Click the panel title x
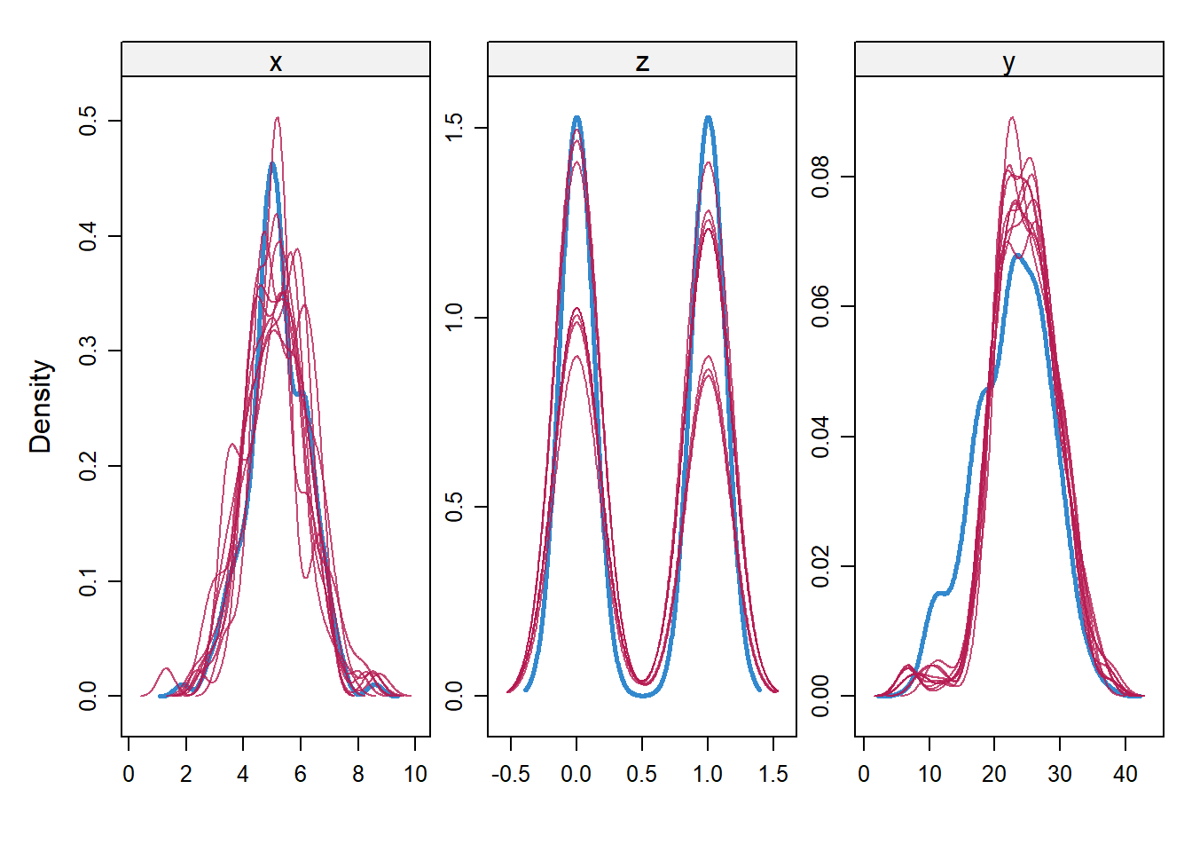276,62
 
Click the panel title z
642,62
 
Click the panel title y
1008,62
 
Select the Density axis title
41,406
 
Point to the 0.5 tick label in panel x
88,121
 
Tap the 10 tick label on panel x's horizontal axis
415,774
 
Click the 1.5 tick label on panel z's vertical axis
454,128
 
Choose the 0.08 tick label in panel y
820,177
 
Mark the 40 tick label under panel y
1125,774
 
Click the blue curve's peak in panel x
272,164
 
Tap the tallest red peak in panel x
278,118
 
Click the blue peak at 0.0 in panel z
577,117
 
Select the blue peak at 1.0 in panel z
708,117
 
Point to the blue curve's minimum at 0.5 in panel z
642,695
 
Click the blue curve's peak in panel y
1016,256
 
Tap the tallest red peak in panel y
1011,117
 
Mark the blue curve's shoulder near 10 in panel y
940,593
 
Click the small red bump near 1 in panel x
165,669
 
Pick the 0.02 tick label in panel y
820,566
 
